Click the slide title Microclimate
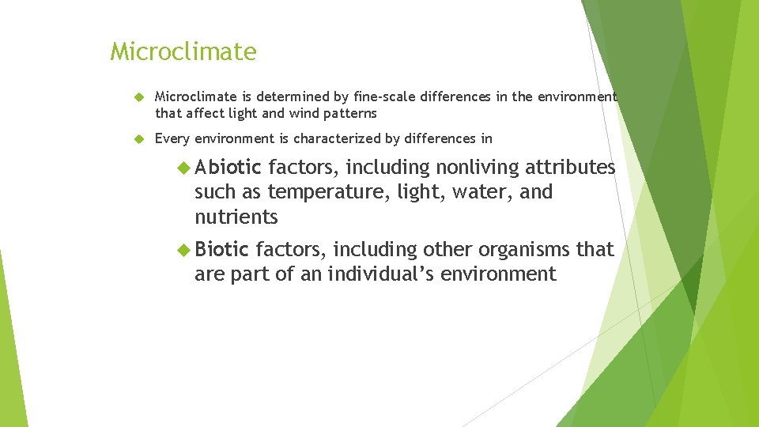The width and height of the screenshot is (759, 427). tap(183, 52)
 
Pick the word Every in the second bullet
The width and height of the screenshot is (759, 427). tap(172, 139)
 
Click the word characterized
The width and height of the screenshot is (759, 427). tap(338, 139)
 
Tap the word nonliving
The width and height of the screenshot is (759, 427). tap(478, 167)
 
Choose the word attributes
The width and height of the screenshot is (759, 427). tap(570, 167)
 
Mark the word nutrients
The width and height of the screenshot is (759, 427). tap(236, 217)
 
